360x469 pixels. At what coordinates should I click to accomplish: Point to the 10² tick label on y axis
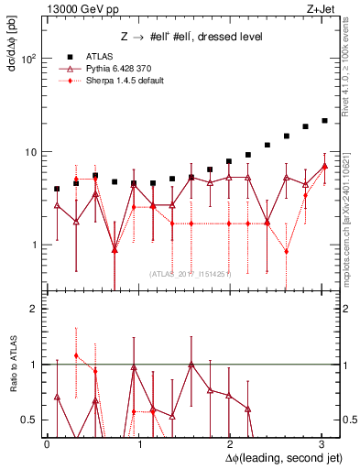(27, 58)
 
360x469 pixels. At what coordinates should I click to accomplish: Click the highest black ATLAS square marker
(324, 120)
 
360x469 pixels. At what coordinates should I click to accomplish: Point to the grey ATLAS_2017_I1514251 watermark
(191, 272)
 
